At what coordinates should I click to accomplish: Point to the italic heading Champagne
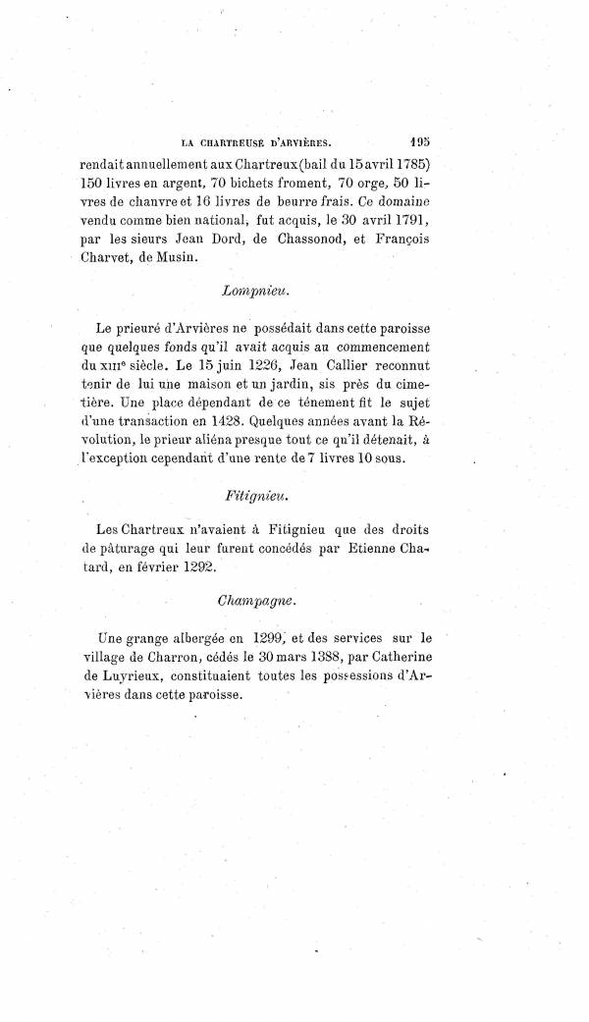point(252,592)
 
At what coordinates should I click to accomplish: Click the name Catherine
point(465,655)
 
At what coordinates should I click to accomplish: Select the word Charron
point(181,655)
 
